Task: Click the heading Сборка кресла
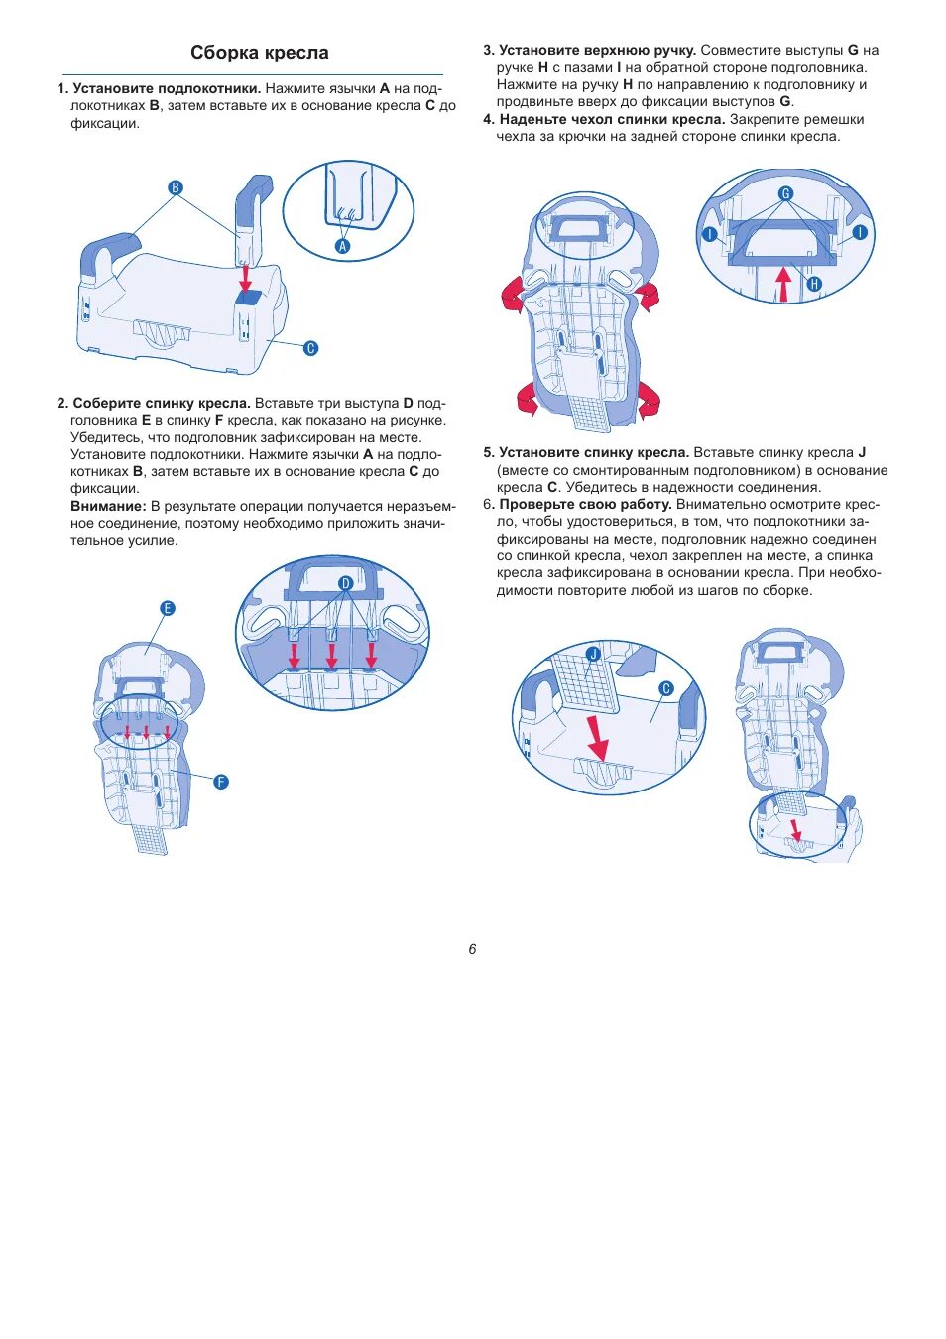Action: pos(260,53)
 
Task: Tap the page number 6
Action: pos(472,949)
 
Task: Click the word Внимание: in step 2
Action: pos(108,506)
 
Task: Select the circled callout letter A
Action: pos(343,246)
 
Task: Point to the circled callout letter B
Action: pos(176,187)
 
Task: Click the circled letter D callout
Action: pos(345,583)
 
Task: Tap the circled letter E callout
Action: pos(167,608)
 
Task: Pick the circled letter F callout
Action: pos(221,782)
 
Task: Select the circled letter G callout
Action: pos(785,193)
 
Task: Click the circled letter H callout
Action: pos(814,284)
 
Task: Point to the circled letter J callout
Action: pos(593,654)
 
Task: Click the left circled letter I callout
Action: pos(710,234)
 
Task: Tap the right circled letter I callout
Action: pos(859,232)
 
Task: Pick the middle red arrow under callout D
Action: pos(331,654)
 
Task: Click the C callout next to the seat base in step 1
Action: pos(310,348)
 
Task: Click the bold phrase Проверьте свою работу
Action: pos(585,504)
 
